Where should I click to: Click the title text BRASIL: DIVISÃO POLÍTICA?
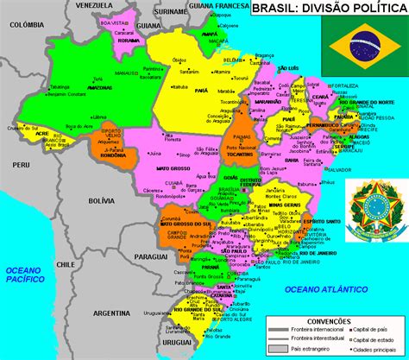coord(329,9)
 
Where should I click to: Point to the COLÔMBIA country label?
coord(19,26)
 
